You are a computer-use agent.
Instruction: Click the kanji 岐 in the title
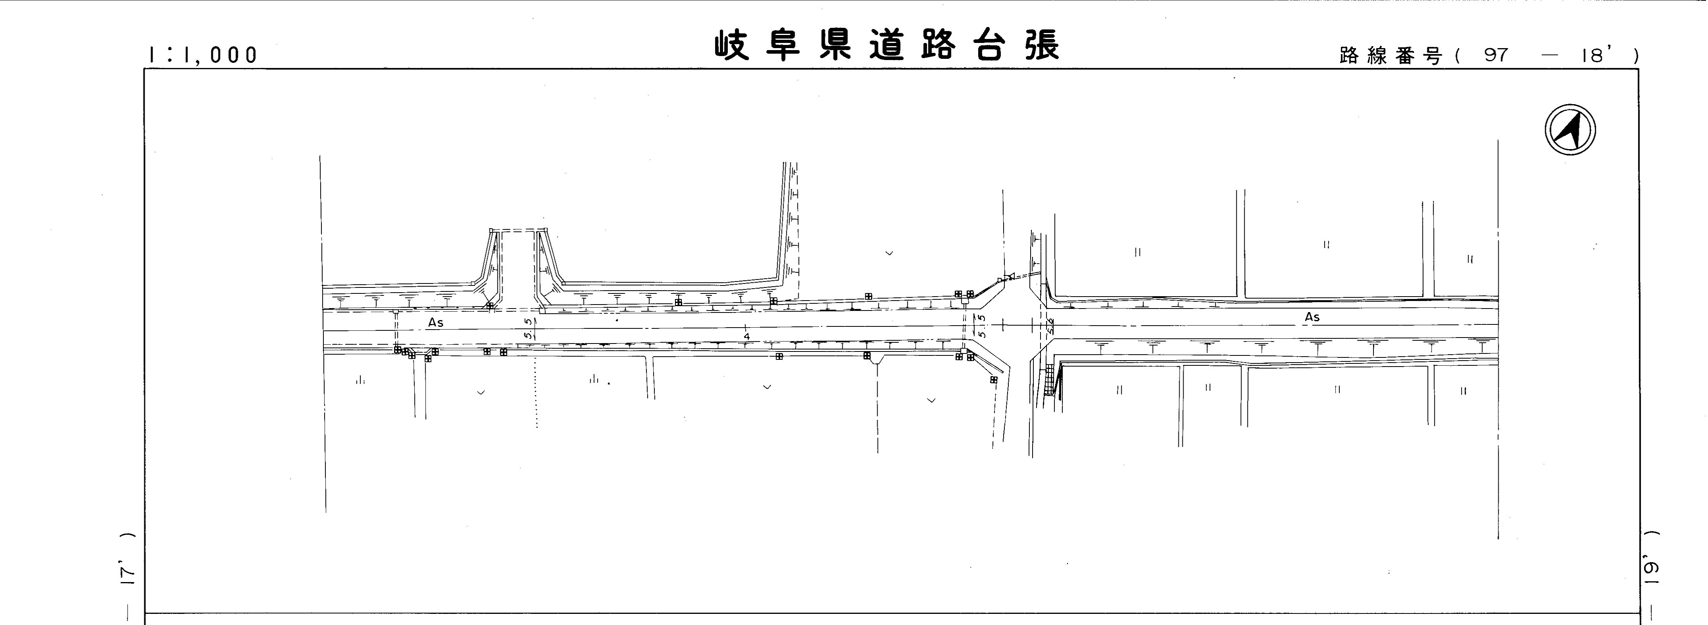[x=731, y=45]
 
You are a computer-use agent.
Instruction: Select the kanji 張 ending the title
[x=1042, y=45]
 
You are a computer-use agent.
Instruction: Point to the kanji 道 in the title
[x=886, y=45]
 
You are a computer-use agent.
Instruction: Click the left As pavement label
[x=435, y=322]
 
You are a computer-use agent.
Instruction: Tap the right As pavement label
[x=1312, y=317]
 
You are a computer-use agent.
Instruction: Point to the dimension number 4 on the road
[x=747, y=336]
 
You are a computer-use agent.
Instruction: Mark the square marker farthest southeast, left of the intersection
[x=993, y=380]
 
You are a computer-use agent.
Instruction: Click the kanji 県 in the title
[x=835, y=45]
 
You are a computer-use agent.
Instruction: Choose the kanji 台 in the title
[x=990, y=45]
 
